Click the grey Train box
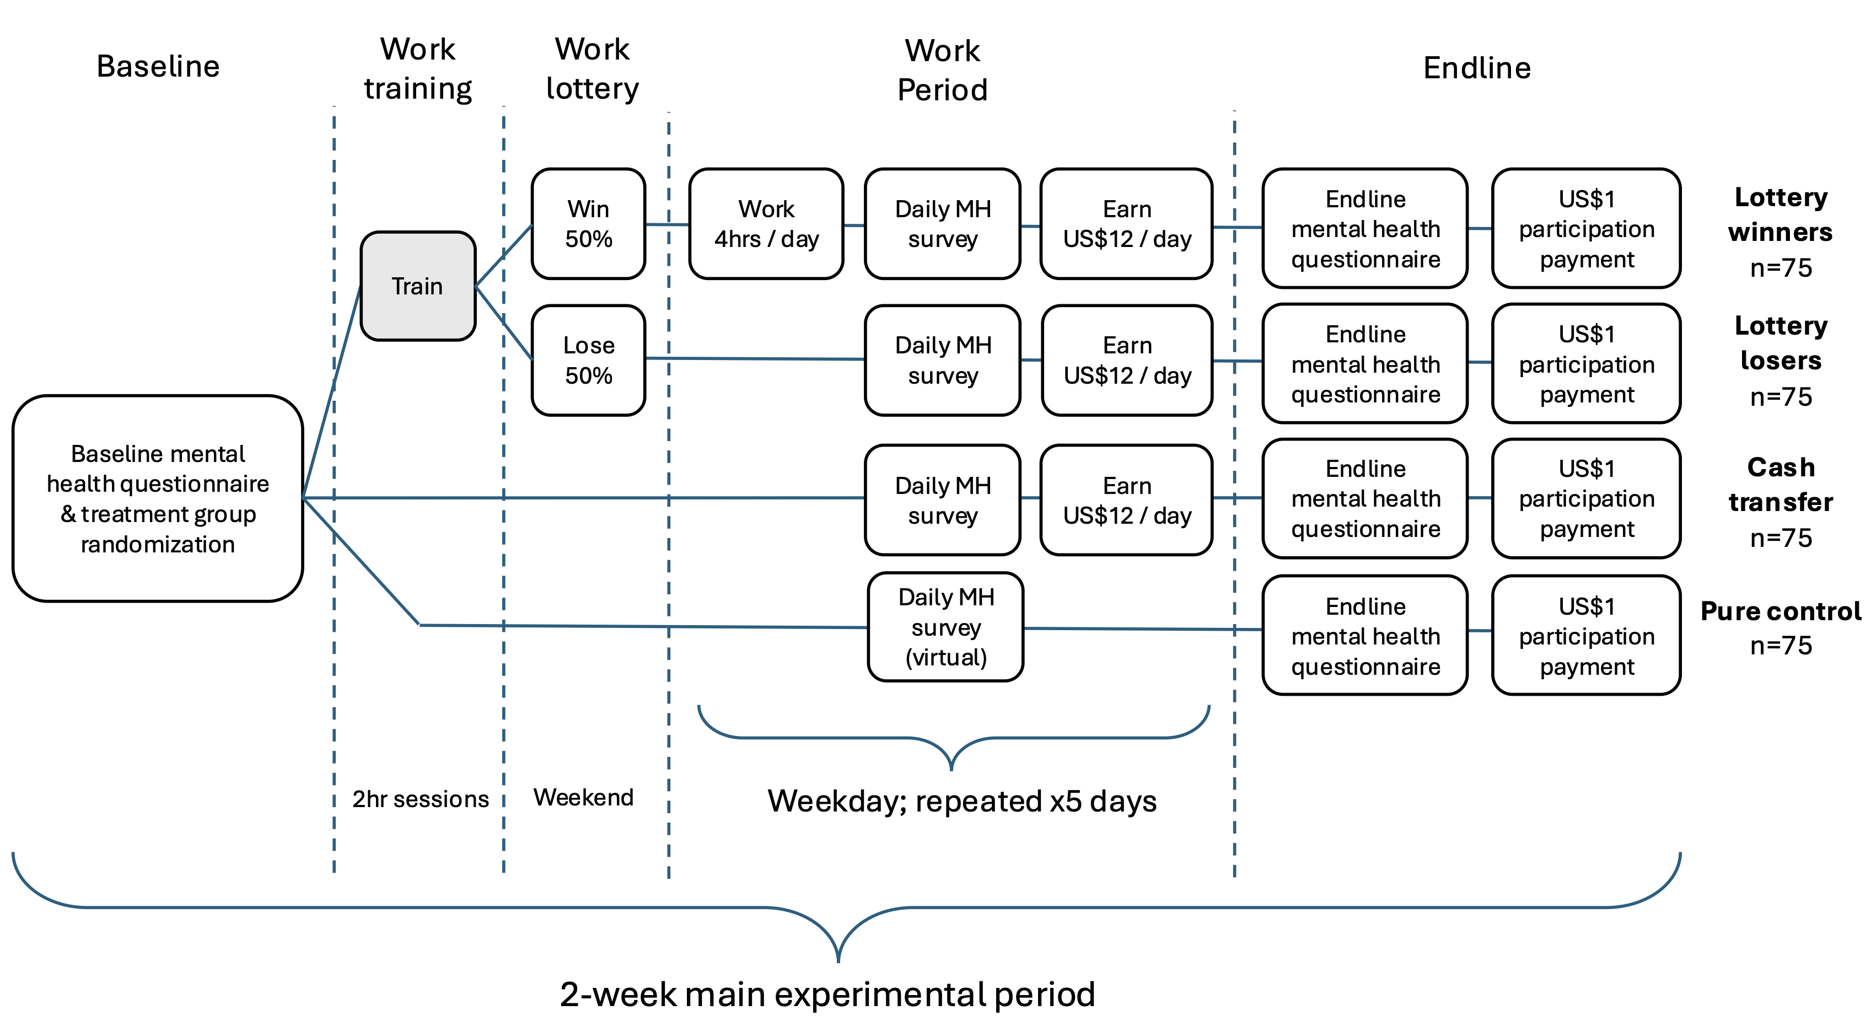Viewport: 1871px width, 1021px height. (x=418, y=286)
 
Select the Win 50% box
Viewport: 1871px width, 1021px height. (x=588, y=224)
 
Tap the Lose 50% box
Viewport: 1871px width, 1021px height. (x=588, y=360)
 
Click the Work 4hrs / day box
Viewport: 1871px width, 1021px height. (x=766, y=224)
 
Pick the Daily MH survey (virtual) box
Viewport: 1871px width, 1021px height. (x=945, y=627)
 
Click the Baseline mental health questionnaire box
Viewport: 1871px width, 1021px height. (x=158, y=498)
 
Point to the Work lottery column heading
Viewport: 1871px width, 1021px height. (x=592, y=69)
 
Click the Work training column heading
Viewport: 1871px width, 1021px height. (x=418, y=69)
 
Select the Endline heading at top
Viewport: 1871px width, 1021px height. (x=1477, y=68)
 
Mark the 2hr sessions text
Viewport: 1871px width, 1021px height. (x=420, y=799)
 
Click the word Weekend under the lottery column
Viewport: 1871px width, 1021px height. (x=583, y=797)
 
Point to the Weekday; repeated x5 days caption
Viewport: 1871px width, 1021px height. (x=961, y=801)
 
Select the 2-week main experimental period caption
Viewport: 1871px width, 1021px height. (x=827, y=994)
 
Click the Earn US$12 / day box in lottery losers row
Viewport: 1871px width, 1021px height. (x=1127, y=360)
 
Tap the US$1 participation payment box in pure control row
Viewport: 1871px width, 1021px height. (x=1587, y=636)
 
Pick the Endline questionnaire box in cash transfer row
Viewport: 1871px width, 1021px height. (x=1365, y=498)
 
